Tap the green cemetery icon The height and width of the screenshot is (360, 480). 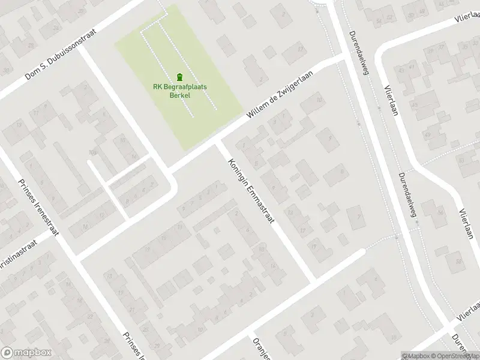tap(179, 77)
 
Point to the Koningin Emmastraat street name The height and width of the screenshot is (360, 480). tap(251, 190)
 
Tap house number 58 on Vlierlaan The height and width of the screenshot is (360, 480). tap(460, 262)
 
